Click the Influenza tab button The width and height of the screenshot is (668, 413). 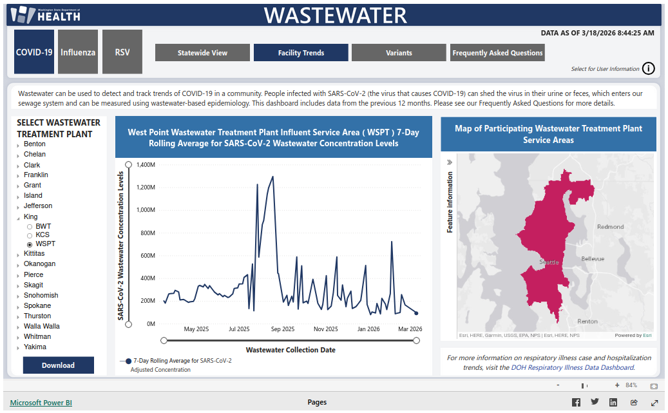(x=78, y=52)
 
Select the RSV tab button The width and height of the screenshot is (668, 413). (x=122, y=52)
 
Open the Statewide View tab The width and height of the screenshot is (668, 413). (x=202, y=53)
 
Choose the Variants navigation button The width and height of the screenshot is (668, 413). (x=399, y=53)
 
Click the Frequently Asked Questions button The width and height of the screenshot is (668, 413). (x=497, y=53)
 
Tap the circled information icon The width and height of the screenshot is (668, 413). (x=649, y=69)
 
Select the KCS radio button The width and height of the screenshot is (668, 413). (x=30, y=235)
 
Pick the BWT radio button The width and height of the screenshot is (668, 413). (x=30, y=227)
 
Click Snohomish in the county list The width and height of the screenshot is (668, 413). (x=41, y=295)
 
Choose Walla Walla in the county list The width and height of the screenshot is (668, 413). (x=41, y=326)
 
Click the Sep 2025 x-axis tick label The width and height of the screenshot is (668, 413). (x=282, y=329)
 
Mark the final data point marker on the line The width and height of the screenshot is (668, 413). (x=416, y=313)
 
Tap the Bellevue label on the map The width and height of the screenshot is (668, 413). (x=593, y=258)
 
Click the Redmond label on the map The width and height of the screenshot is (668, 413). (x=610, y=227)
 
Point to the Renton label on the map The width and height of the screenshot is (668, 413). (x=587, y=321)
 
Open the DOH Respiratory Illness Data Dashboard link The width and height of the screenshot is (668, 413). (x=572, y=368)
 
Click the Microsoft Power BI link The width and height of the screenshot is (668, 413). (x=41, y=403)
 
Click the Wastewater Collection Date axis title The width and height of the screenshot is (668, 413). (x=291, y=350)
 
